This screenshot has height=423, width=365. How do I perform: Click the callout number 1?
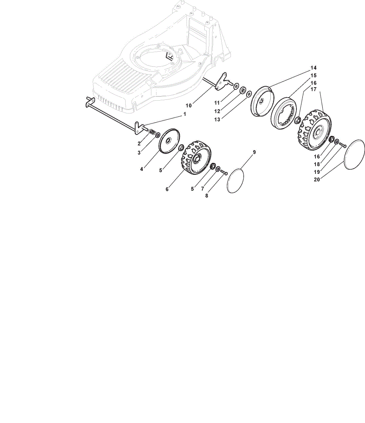[x=184, y=114]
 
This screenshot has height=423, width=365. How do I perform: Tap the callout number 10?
[x=189, y=105]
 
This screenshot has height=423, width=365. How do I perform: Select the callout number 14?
[x=313, y=68]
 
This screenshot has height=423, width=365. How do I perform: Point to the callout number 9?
[x=254, y=152]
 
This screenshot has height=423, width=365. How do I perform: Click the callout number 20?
[x=317, y=179]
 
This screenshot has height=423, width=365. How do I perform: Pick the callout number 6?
[x=167, y=190]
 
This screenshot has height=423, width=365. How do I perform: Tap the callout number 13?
[x=217, y=120]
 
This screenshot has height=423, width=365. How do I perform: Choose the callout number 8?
[x=207, y=196]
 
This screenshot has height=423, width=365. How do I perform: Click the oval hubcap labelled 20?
[x=354, y=154]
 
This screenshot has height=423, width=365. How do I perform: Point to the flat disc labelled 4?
[x=170, y=141]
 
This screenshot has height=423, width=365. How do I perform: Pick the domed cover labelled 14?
[x=262, y=102]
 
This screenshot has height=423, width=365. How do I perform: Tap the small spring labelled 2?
[x=152, y=132]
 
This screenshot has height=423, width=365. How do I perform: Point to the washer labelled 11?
[x=236, y=86]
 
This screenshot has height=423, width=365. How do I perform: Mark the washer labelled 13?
[x=249, y=94]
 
